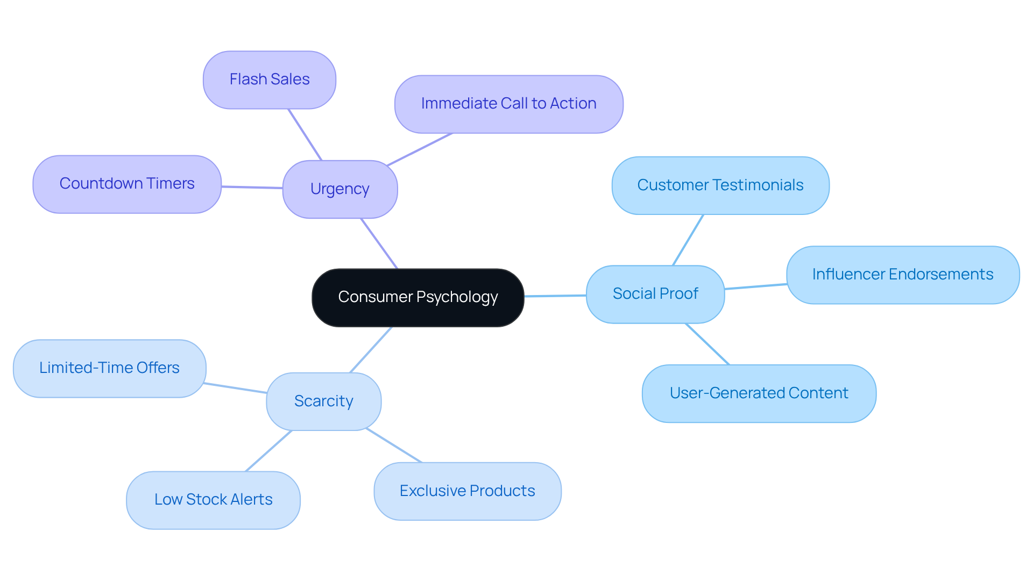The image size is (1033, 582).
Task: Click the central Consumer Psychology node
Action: [x=418, y=297]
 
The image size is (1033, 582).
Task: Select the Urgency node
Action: [x=339, y=189]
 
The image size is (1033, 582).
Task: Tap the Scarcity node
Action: [x=323, y=401]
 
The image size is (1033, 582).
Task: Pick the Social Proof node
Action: [x=655, y=294]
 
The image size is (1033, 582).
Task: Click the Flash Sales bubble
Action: [x=269, y=80]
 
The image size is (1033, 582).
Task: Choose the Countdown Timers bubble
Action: [x=126, y=184]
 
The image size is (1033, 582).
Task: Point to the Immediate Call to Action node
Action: [x=508, y=104]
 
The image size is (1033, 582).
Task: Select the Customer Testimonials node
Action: [x=720, y=185]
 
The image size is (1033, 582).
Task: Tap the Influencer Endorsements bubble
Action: [x=902, y=275]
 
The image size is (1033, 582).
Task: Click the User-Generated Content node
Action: [x=759, y=393]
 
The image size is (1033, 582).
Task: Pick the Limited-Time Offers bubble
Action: [x=109, y=368]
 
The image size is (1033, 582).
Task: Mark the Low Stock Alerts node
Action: [x=213, y=500]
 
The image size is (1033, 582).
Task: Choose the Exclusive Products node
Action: [x=467, y=491]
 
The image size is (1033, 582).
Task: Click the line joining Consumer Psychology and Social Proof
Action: [x=555, y=296]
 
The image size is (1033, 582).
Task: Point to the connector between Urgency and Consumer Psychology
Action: [x=379, y=243]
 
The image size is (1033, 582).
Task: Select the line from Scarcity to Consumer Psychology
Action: [x=371, y=350]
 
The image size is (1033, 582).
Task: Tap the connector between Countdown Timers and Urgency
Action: [x=252, y=188]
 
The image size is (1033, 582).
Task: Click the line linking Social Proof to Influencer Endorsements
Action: [x=755, y=286]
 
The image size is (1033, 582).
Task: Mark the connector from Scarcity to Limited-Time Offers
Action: [x=236, y=388]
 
